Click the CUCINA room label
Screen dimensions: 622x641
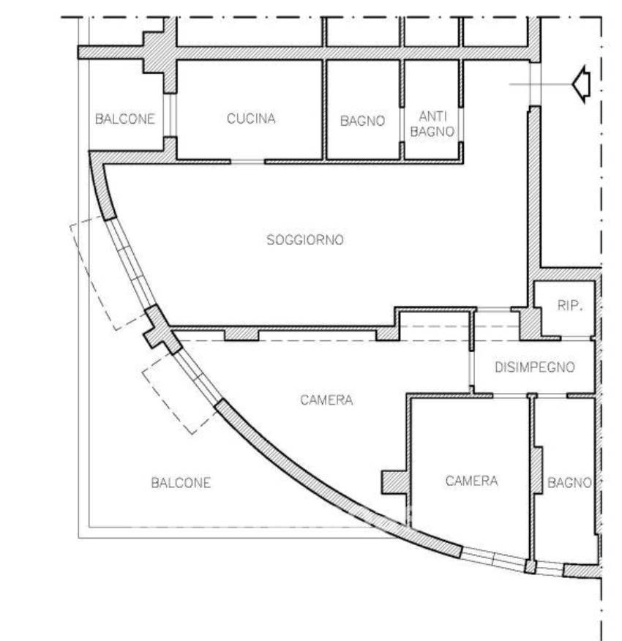tap(251, 119)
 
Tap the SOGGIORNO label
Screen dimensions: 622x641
tap(305, 239)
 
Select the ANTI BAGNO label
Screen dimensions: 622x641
tap(432, 124)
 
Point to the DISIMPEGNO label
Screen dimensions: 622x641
tap(535, 367)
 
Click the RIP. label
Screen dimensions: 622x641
tap(570, 305)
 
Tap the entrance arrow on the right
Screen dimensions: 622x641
tap(582, 85)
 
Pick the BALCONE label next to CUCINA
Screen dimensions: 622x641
tap(124, 119)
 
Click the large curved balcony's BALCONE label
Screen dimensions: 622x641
tap(181, 483)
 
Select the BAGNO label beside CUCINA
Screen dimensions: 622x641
tap(363, 121)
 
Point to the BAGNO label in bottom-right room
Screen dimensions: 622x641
tap(569, 483)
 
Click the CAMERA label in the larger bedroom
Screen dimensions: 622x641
tap(326, 400)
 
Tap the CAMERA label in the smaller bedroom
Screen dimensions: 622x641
tap(471, 481)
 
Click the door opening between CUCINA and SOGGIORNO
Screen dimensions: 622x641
tap(247, 162)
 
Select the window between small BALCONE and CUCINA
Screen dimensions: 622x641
tap(170, 116)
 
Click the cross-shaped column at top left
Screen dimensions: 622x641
tap(160, 53)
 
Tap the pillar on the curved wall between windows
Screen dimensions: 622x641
tap(162, 329)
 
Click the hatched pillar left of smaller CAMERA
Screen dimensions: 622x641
tap(395, 482)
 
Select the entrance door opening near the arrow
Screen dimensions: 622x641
tap(535, 84)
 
